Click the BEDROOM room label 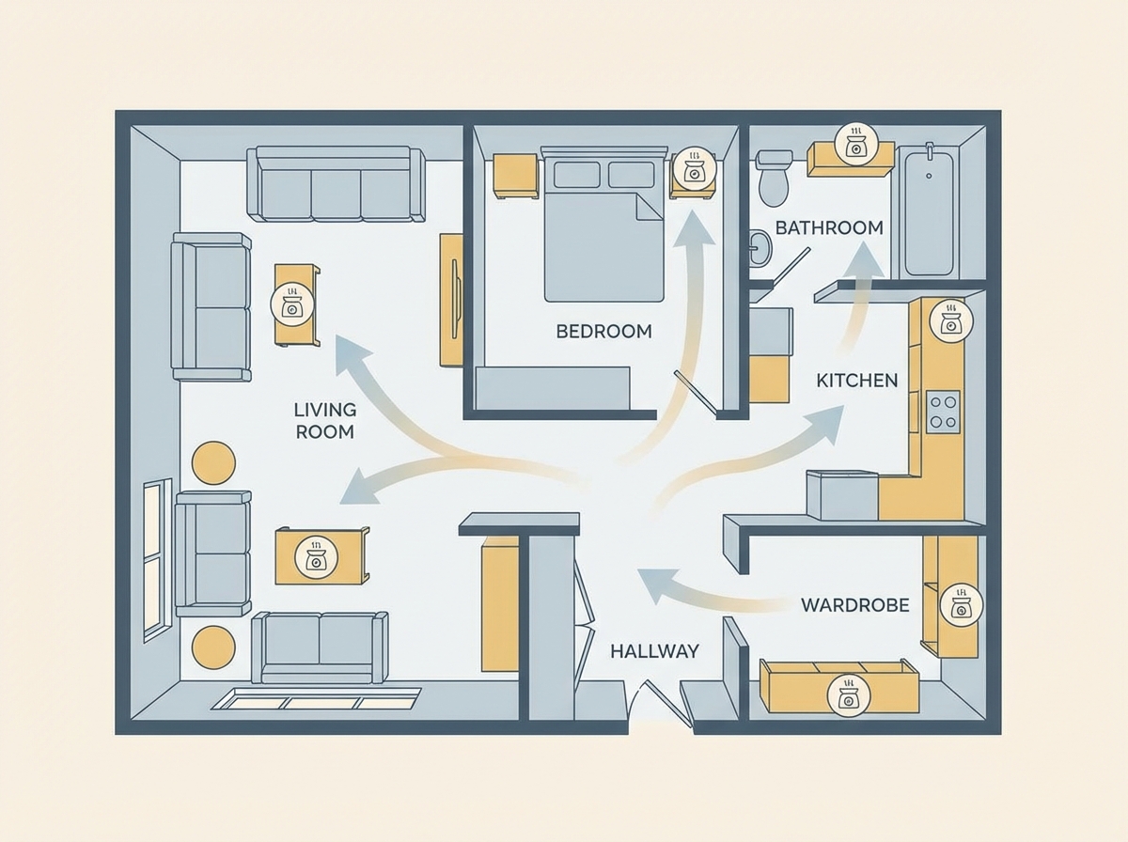pos(603,332)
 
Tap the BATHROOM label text pos(829,227)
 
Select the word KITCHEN pos(856,381)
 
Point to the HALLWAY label pos(654,651)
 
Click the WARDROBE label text pos(855,605)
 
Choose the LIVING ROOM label pos(325,421)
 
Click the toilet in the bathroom pos(775,178)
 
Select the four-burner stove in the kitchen pos(944,412)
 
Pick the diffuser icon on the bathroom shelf pos(855,144)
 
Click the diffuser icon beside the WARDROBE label pos(961,605)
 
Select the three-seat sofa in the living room pos(336,184)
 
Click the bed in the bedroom pos(604,224)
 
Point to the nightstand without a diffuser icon pos(515,175)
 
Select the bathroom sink pos(760,248)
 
